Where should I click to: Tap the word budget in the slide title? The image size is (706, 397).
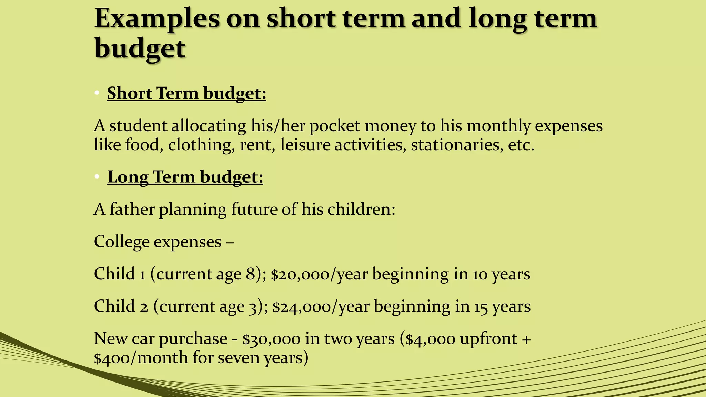coord(140,48)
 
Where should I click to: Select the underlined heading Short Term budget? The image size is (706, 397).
coord(186,93)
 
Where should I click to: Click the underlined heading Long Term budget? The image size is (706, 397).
coord(185,177)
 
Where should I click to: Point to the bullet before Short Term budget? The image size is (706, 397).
coord(97,93)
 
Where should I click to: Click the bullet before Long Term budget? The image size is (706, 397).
coord(97,177)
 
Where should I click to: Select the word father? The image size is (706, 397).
coord(132,209)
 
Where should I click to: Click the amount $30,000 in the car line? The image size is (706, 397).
coord(271,339)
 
